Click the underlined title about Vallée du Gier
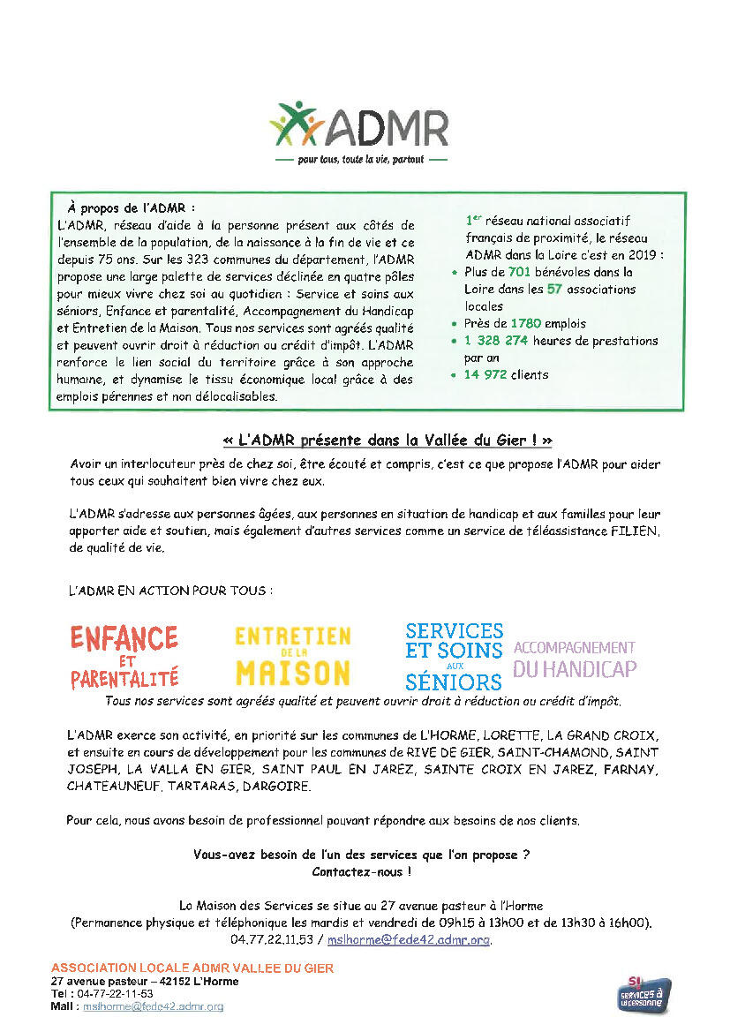pyautogui.click(x=388, y=440)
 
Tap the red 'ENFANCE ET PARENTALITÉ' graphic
pyautogui.click(x=124, y=656)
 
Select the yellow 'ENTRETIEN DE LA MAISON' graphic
pyautogui.click(x=293, y=656)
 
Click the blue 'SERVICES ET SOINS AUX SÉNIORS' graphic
pyautogui.click(x=454, y=656)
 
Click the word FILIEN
pyautogui.click(x=636, y=531)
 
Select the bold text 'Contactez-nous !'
pyautogui.click(x=361, y=871)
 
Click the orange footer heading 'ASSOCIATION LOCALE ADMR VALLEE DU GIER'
pyautogui.click(x=192, y=968)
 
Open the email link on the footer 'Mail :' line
pyautogui.click(x=153, y=1006)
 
